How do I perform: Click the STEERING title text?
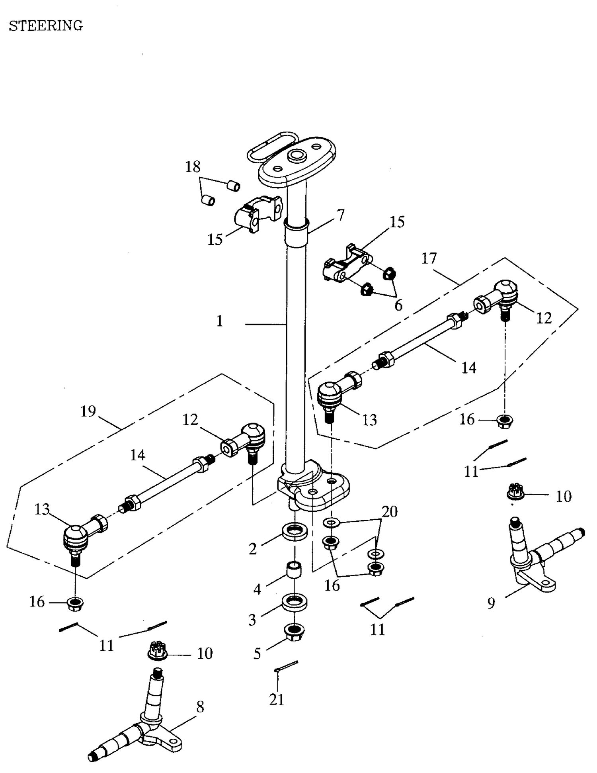tap(46, 26)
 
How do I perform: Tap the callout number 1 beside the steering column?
tap(220, 321)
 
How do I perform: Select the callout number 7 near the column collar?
tap(340, 215)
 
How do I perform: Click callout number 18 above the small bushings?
tap(193, 167)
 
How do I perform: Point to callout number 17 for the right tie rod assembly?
tap(429, 258)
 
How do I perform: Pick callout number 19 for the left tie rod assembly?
tap(88, 411)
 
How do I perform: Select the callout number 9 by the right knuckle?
tap(491, 603)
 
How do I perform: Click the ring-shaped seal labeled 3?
tap(295, 601)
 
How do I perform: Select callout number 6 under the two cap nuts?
tap(398, 305)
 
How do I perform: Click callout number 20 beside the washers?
tap(390, 511)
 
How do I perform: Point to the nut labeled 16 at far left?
tap(76, 604)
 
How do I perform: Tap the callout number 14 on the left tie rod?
tap(138, 455)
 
